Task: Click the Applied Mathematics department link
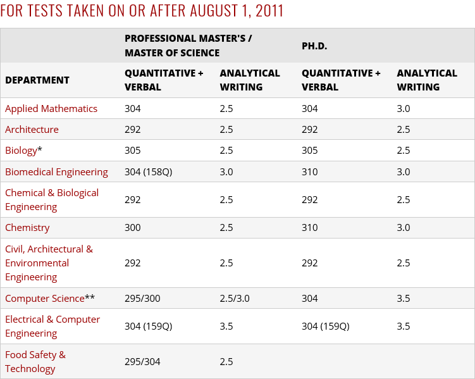(51, 108)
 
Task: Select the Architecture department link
(32, 129)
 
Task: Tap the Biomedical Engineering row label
(56, 171)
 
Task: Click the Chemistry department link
(27, 227)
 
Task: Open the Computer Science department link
(45, 298)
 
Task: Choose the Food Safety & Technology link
(35, 361)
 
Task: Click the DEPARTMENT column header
(37, 80)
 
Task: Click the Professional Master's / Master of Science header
(188, 46)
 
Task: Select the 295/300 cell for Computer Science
(143, 298)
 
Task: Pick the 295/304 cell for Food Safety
(142, 361)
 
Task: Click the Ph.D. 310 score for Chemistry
(310, 227)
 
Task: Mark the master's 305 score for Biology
(133, 150)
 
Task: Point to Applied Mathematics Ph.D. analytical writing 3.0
(404, 108)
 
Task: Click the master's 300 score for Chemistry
(133, 227)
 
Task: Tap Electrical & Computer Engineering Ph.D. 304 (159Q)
(325, 326)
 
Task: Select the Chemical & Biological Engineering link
(52, 199)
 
